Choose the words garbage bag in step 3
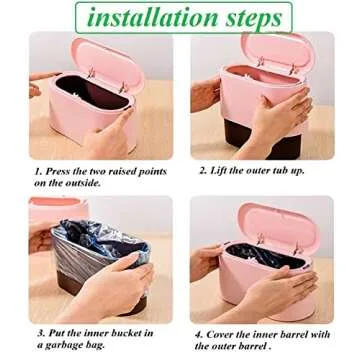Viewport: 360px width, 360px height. pos(77,343)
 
